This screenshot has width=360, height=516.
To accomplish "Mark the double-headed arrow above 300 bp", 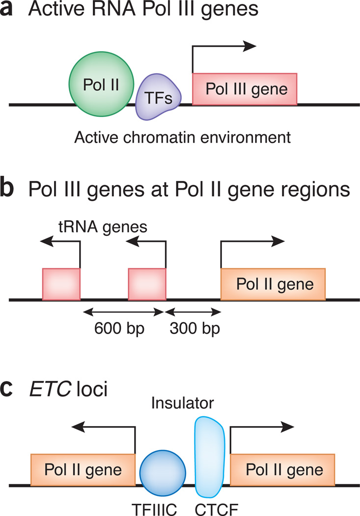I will tap(194, 311).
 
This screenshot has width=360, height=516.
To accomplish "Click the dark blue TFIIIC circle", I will tap(163, 469).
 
